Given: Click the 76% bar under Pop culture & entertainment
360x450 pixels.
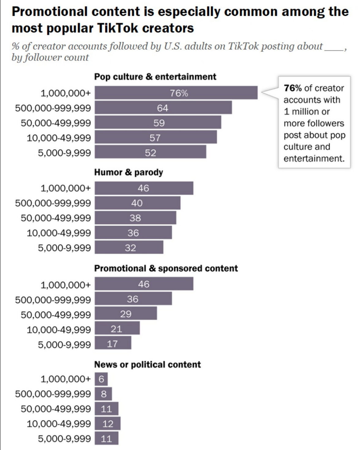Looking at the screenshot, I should (x=176, y=93).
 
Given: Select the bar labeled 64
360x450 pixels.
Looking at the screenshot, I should (x=163, y=108).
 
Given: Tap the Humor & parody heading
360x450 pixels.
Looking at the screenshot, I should (x=129, y=172).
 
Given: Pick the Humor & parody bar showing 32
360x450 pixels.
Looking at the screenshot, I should (x=129, y=248).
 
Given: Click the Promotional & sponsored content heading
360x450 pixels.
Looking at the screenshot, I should (x=166, y=269).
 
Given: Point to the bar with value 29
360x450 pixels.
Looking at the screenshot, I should (x=126, y=314).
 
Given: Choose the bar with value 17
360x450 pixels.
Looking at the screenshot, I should (x=113, y=343).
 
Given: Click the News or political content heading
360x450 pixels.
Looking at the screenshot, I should (x=148, y=365).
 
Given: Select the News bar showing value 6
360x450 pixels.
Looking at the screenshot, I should (x=101, y=379).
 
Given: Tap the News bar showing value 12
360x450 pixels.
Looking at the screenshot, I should (x=107, y=424).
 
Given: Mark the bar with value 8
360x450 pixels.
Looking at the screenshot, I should (x=103, y=394).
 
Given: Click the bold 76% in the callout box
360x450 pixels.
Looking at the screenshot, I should (x=293, y=88).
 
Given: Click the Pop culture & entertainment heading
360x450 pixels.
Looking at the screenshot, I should (x=155, y=77).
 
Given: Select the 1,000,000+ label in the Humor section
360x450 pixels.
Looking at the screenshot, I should (x=66, y=188).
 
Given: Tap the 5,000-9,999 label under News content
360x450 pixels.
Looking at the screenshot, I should (x=64, y=439).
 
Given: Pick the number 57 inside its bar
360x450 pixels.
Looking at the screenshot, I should (x=155, y=138).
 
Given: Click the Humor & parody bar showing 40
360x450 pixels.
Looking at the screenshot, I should (x=137, y=203).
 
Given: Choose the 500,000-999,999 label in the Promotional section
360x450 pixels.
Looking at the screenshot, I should (x=53, y=300).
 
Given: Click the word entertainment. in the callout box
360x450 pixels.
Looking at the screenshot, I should (x=314, y=158).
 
